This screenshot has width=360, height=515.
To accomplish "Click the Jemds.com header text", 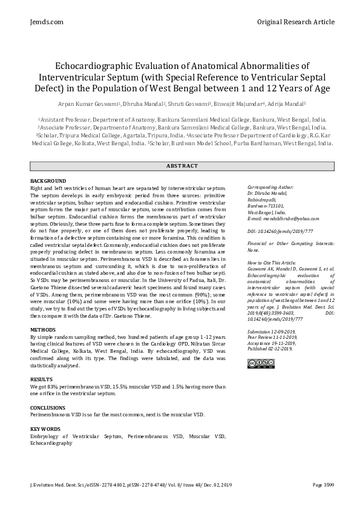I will (x=46, y=22).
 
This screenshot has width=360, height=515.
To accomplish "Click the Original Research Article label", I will (x=295, y=22).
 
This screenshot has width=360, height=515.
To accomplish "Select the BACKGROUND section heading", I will (x=48, y=181).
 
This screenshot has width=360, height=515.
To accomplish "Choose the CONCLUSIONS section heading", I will (x=48, y=407).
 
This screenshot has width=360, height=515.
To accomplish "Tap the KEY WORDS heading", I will (x=45, y=429).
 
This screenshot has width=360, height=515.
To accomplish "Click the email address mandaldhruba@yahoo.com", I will (x=276, y=218).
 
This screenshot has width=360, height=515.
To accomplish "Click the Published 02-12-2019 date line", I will (x=270, y=349).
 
